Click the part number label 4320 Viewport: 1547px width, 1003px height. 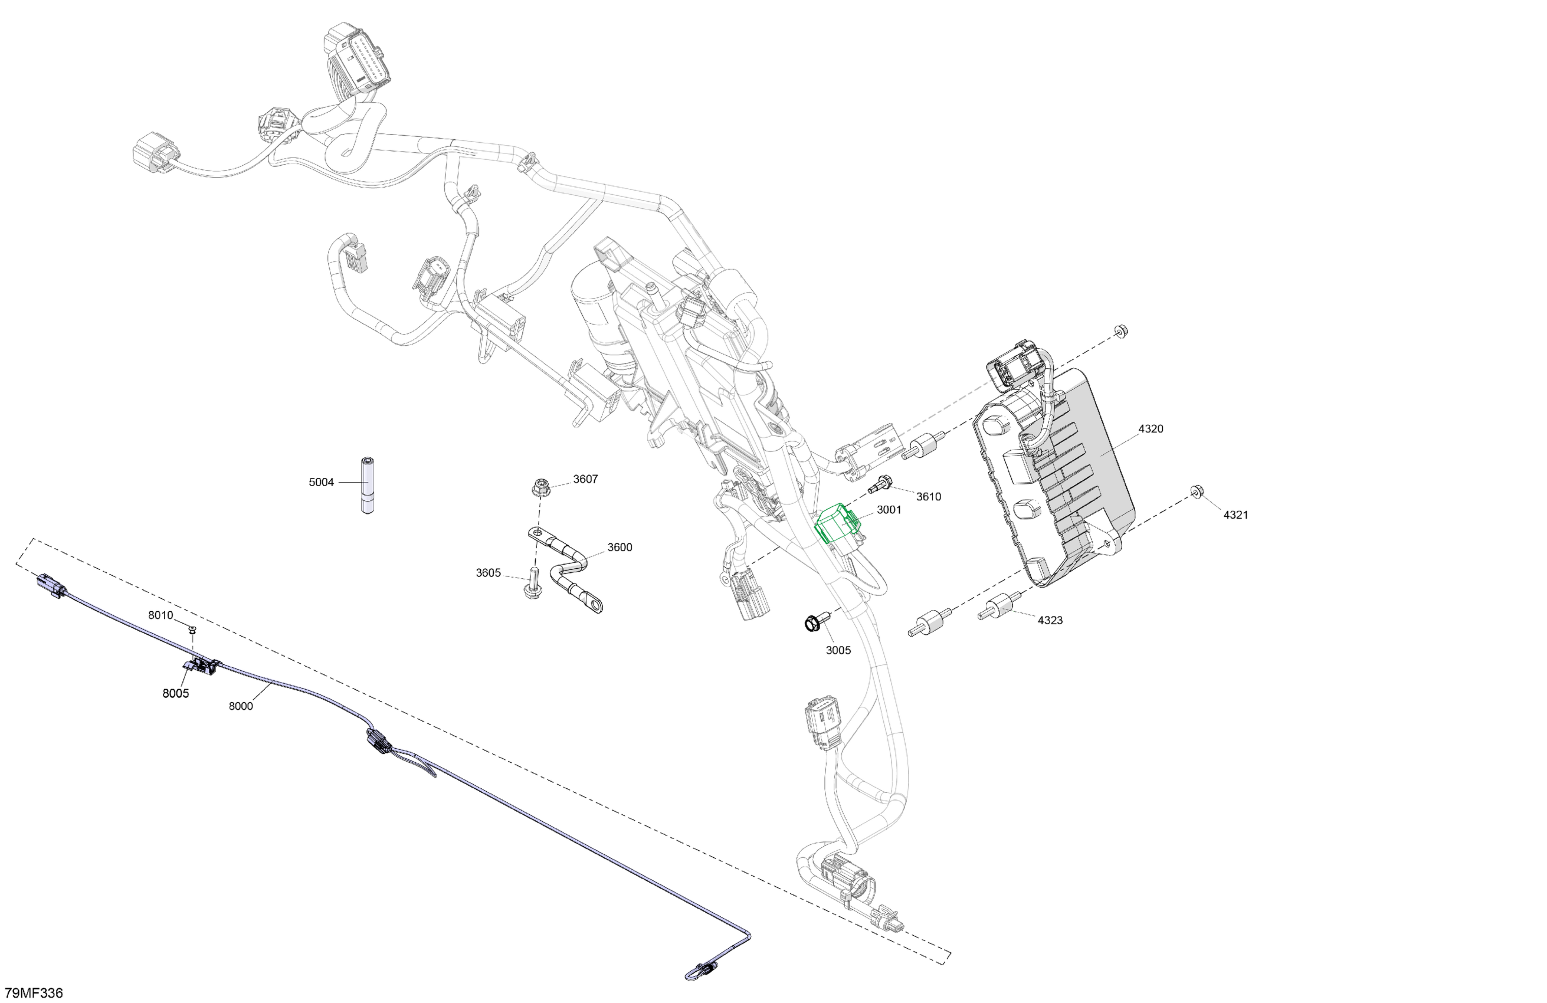[1151, 429]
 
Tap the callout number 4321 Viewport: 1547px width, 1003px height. [1235, 515]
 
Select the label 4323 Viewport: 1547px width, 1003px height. [1050, 620]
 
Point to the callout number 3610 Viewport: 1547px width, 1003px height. [928, 497]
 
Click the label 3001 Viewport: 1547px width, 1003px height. [889, 510]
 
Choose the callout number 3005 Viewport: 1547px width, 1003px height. [838, 650]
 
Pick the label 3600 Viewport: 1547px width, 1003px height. [620, 548]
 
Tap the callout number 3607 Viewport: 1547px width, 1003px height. [585, 479]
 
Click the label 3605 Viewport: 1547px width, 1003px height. [488, 573]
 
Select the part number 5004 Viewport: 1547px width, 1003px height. [321, 482]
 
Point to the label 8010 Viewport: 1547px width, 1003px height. [160, 615]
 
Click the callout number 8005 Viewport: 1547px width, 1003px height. [175, 694]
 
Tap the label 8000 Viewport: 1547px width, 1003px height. [241, 706]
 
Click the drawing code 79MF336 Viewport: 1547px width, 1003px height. [34, 992]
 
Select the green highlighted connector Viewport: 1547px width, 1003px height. [837, 524]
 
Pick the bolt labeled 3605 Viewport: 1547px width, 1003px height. [532, 583]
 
